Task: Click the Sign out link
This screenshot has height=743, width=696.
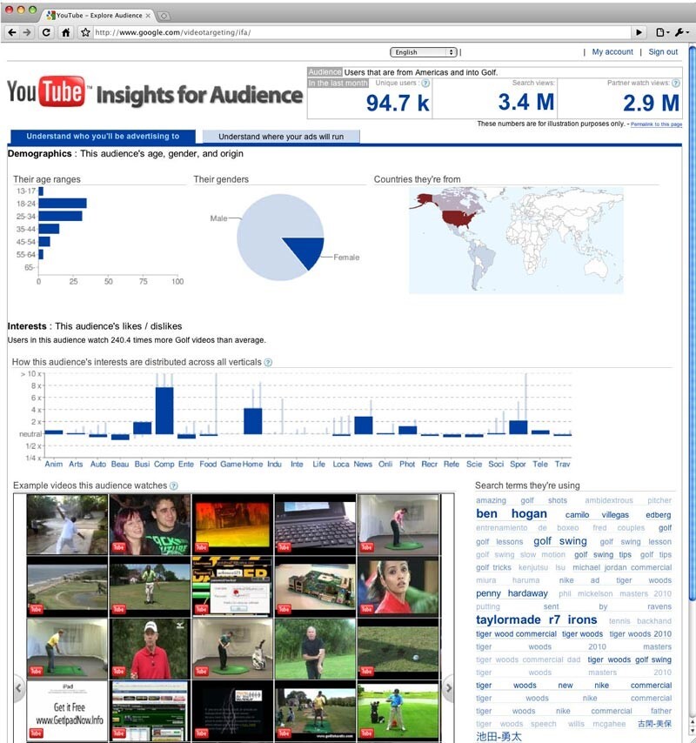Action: click(x=663, y=52)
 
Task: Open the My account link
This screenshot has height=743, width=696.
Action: click(x=612, y=52)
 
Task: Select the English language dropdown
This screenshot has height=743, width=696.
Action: click(x=424, y=52)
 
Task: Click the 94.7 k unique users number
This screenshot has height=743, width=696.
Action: click(x=398, y=103)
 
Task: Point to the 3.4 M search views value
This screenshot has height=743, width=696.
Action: click(x=525, y=103)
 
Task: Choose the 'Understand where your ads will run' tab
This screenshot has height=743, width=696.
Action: click(x=280, y=137)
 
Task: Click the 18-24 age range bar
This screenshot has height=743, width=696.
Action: click(x=62, y=204)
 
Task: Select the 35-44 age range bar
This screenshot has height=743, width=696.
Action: click(x=49, y=229)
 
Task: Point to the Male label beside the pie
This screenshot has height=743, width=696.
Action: click(x=217, y=218)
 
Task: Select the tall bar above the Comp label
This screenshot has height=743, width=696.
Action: click(x=164, y=410)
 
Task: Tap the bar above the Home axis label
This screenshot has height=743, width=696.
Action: click(x=253, y=420)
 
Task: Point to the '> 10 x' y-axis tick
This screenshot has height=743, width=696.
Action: click(x=30, y=374)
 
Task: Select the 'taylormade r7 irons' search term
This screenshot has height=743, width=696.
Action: click(x=536, y=620)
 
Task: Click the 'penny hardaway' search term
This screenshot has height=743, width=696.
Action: click(x=512, y=593)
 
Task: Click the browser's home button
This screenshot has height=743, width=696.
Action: click(x=65, y=32)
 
